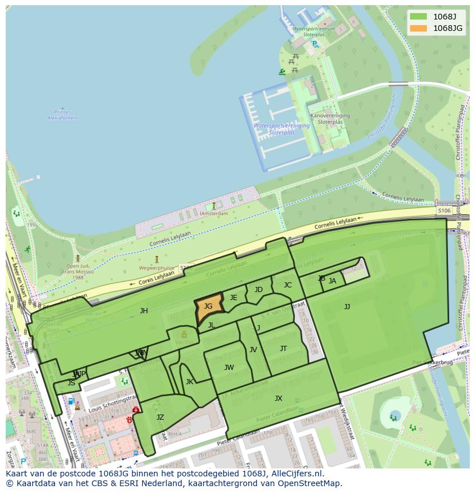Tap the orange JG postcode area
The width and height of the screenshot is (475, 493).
pos(208,307)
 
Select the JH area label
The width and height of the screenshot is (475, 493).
pos(144,311)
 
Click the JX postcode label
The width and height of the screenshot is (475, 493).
pos(278,399)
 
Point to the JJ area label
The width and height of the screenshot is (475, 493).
pos(347,307)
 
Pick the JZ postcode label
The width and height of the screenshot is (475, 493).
pos(160,417)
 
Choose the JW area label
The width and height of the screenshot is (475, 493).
pos(229,368)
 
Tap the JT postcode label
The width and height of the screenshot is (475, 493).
pos(283,349)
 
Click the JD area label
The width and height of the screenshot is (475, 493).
pos(259,290)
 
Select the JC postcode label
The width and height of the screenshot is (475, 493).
pos(287,285)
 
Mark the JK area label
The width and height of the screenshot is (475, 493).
pos(189,382)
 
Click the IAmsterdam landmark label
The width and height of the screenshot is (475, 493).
pos(214,214)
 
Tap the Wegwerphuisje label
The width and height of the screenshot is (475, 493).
pos(156,267)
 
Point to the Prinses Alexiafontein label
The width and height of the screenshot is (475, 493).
pos(63,115)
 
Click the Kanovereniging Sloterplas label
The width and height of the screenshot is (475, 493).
pos(330,119)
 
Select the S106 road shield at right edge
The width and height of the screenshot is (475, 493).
pos(444,211)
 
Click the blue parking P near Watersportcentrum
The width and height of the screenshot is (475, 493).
pos(315,44)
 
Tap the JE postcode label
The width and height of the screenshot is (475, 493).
pos(233,298)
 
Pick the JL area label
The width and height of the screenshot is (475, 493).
pos(211,325)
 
